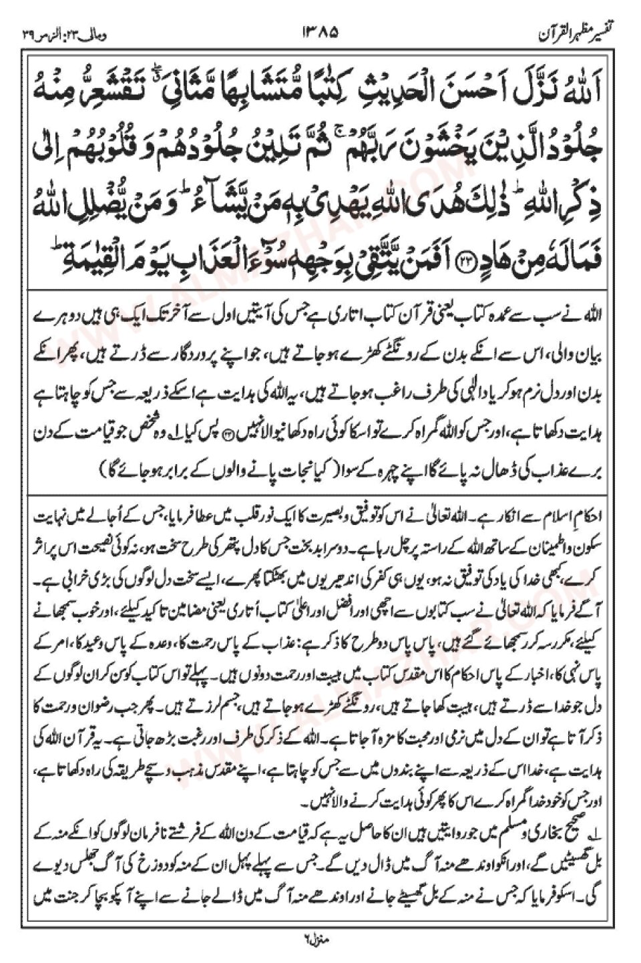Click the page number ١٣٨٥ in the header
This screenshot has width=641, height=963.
point(320,31)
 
